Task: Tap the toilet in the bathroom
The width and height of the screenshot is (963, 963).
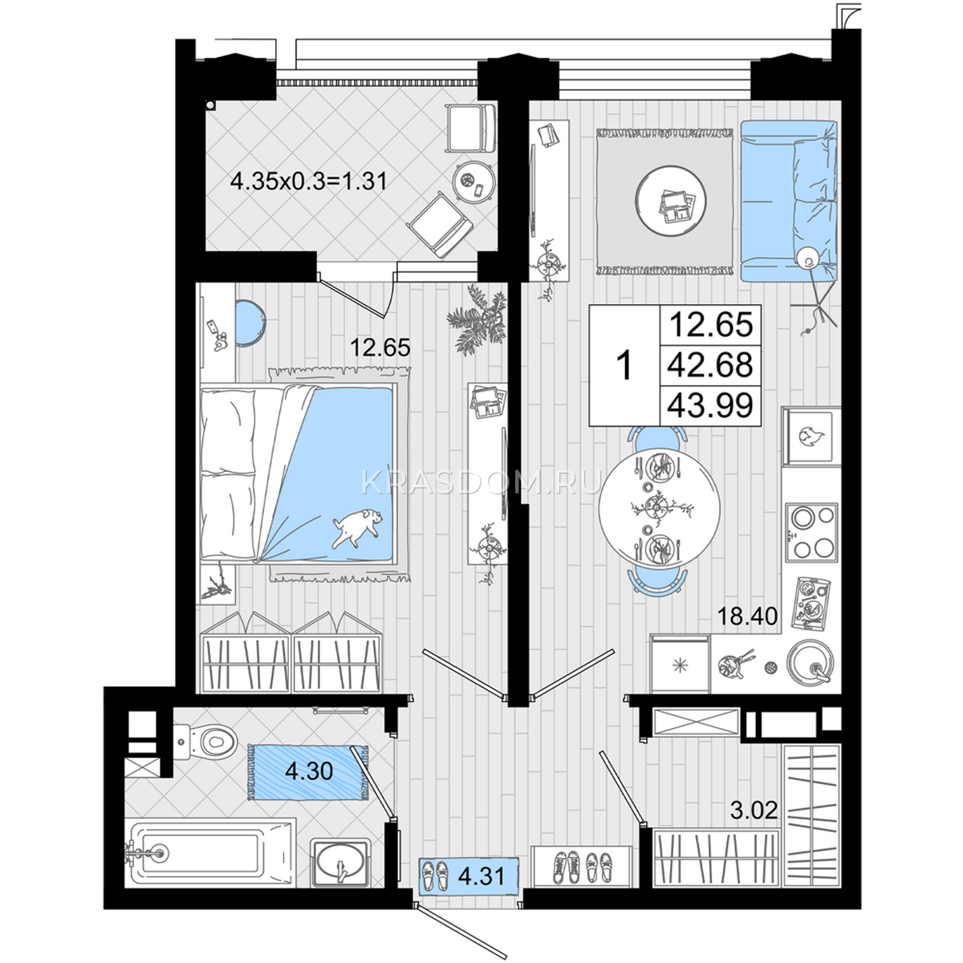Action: pos(206,741)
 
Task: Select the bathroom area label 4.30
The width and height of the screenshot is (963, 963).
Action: pos(309,771)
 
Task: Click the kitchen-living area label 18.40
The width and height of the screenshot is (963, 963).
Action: pos(747,616)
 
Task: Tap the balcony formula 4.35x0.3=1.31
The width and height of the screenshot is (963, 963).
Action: pos(309,181)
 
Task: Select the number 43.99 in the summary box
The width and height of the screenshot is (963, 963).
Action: pos(710,405)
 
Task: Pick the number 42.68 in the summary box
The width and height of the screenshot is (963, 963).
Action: pos(710,364)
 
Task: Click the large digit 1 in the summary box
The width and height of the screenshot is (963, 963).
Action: pos(624,365)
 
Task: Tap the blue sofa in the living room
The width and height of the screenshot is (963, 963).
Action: pos(788,201)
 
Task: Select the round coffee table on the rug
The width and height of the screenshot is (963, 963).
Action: pos(670,200)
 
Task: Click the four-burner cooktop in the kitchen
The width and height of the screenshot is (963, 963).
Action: pos(811,532)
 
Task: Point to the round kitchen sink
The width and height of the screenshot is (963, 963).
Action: pos(810,663)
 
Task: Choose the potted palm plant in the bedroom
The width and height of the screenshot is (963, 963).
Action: pos(477,319)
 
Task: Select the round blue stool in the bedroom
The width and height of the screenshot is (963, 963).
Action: pos(250,323)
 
